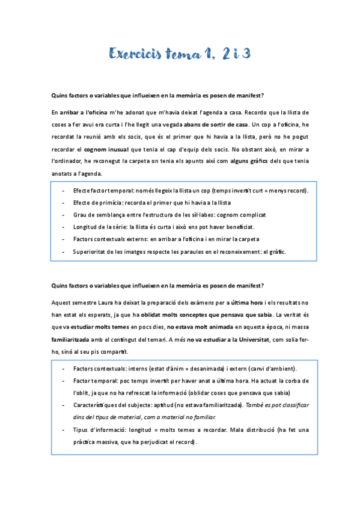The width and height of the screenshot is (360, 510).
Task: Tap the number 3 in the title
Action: [x=244, y=54]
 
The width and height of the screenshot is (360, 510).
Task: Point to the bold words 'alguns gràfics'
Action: [x=253, y=162]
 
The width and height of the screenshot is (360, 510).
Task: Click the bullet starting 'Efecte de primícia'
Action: [x=148, y=203]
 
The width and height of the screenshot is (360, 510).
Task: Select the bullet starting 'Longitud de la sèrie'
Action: [x=163, y=227]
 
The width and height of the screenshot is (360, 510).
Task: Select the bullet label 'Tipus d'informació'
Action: [x=100, y=429]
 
